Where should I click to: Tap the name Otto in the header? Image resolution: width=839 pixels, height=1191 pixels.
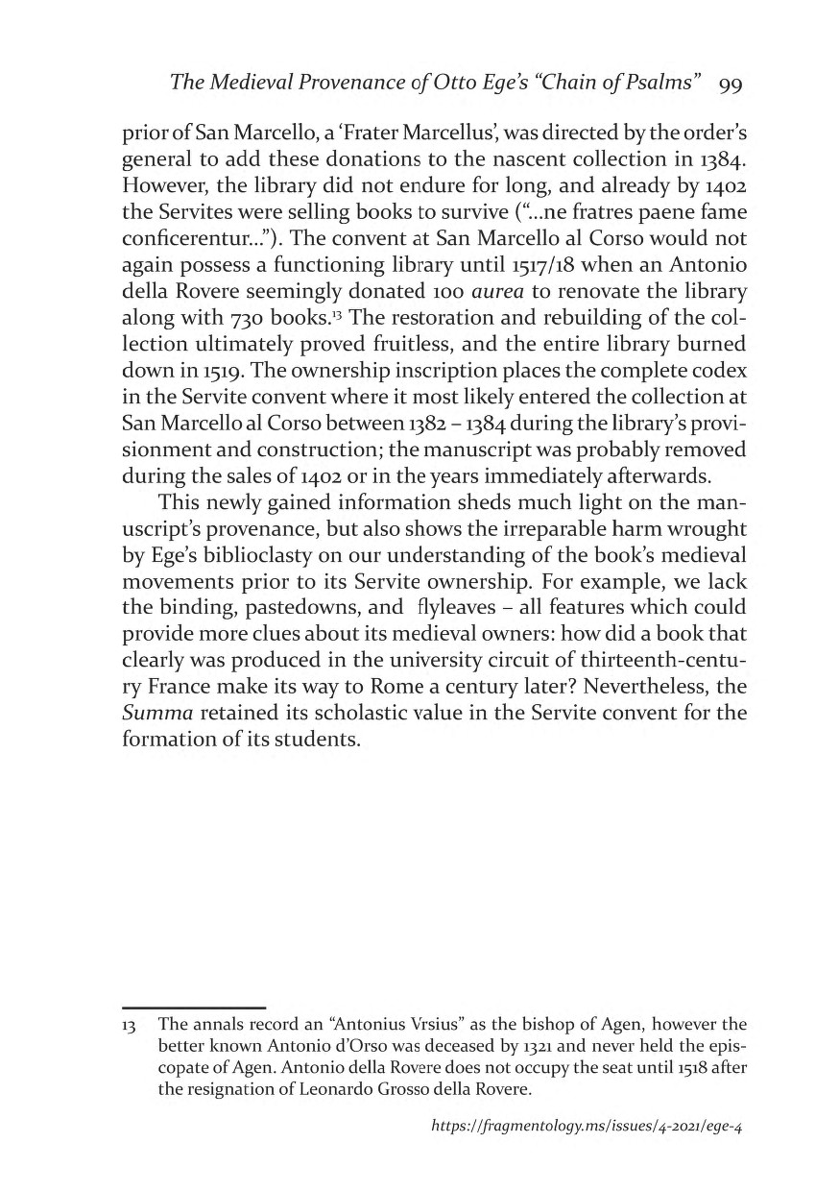point(409,84)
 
